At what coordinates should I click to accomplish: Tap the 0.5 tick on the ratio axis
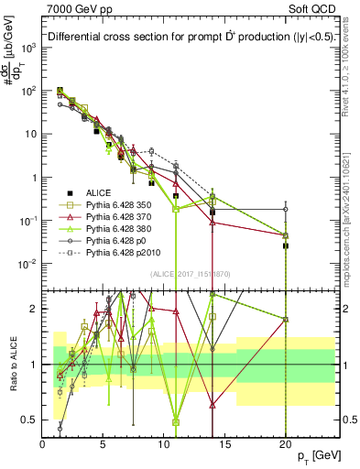(30, 420)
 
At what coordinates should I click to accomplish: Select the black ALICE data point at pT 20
(286, 245)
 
